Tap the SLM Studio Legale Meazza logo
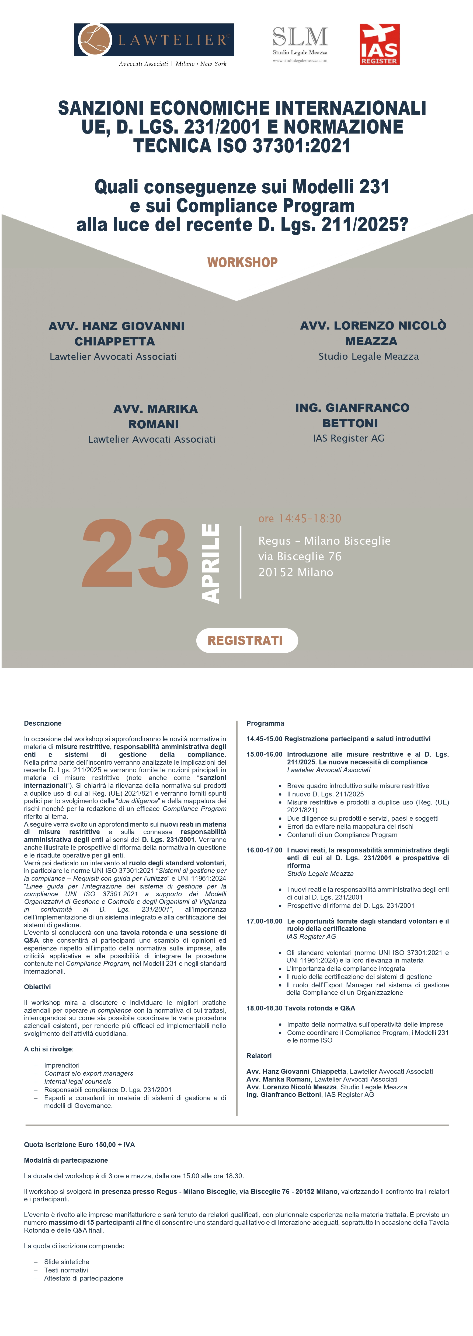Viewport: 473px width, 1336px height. pyautogui.click(x=300, y=44)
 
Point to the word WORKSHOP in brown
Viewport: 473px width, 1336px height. pyautogui.click(x=242, y=263)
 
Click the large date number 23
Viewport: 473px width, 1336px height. pyautogui.click(x=135, y=554)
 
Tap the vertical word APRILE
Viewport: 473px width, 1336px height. pyautogui.click(x=210, y=563)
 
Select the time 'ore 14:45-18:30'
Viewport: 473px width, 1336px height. pyautogui.click(x=300, y=519)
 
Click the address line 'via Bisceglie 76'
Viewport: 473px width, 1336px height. pyautogui.click(x=300, y=557)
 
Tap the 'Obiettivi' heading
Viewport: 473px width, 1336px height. pyautogui.click(x=37, y=987)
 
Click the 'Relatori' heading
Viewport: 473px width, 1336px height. pyautogui.click(x=259, y=1056)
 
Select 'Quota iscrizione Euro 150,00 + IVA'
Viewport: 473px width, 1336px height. pyautogui.click(x=79, y=1145)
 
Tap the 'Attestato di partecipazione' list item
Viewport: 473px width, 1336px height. pyautogui.click(x=84, y=1278)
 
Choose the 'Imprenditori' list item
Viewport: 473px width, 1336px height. pyautogui.click(x=62, y=1065)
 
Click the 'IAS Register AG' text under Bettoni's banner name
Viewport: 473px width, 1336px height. pyautogui.click(x=349, y=438)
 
